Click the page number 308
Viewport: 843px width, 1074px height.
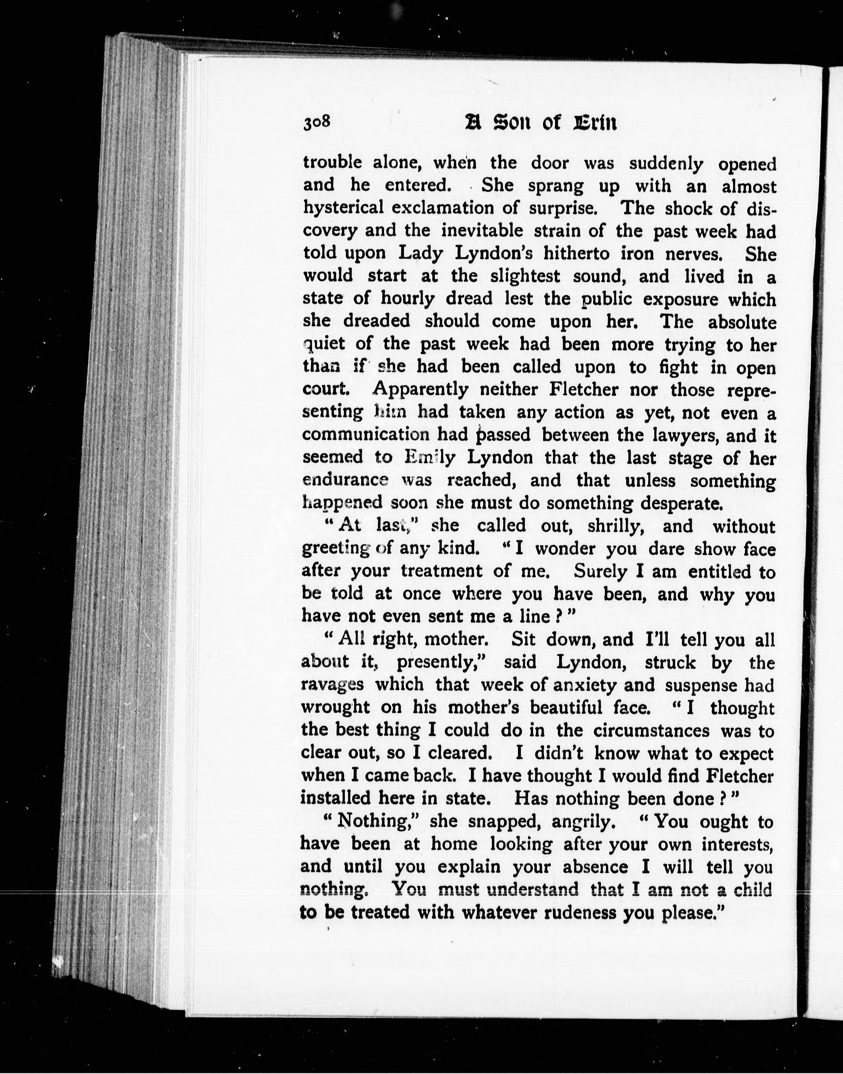click(316, 122)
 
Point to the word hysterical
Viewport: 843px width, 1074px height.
click(343, 208)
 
